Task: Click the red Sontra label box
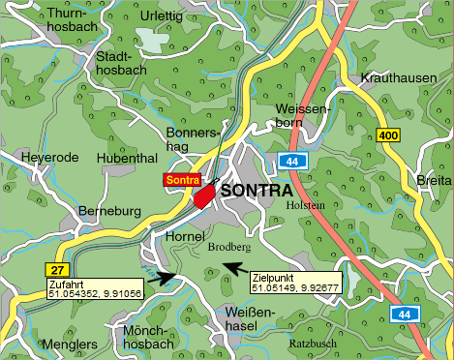181,180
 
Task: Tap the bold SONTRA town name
257,191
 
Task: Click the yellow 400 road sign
388,135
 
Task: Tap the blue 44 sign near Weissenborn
291,161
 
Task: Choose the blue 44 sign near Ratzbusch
403,315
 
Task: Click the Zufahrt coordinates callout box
94,288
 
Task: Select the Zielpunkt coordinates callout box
294,282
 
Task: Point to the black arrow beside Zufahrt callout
165,278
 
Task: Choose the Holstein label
307,205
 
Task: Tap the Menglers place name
69,344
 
